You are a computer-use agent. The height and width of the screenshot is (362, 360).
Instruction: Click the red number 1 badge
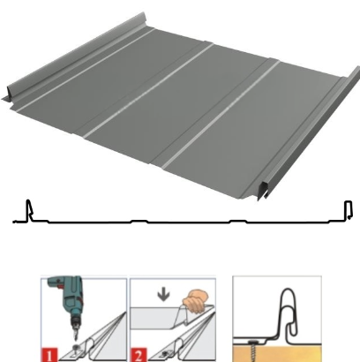(50, 355)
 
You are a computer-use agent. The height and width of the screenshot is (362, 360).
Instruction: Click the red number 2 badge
(139, 355)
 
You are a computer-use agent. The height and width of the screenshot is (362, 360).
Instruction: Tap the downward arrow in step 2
(163, 295)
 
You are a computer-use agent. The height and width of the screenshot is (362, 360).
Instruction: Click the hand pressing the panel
(196, 301)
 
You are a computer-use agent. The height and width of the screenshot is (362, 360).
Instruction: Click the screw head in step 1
(77, 349)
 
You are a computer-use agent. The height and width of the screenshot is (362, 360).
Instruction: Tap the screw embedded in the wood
(253, 351)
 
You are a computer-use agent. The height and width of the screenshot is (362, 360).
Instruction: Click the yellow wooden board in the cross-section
(277, 353)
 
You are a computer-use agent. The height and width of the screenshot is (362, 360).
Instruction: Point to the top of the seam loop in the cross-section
(288, 290)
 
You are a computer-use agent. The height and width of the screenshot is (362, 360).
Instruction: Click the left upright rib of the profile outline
(29, 211)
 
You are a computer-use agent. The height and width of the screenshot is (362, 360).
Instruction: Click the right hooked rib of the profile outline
(349, 210)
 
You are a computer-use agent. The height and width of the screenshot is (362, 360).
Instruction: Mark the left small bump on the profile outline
(139, 221)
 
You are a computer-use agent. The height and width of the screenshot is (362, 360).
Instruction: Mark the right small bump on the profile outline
(238, 221)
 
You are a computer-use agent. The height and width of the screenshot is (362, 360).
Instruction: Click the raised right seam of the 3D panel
(309, 132)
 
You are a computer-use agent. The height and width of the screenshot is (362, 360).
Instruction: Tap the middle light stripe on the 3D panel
(148, 91)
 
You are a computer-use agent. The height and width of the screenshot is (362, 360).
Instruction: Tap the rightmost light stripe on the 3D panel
(221, 115)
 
